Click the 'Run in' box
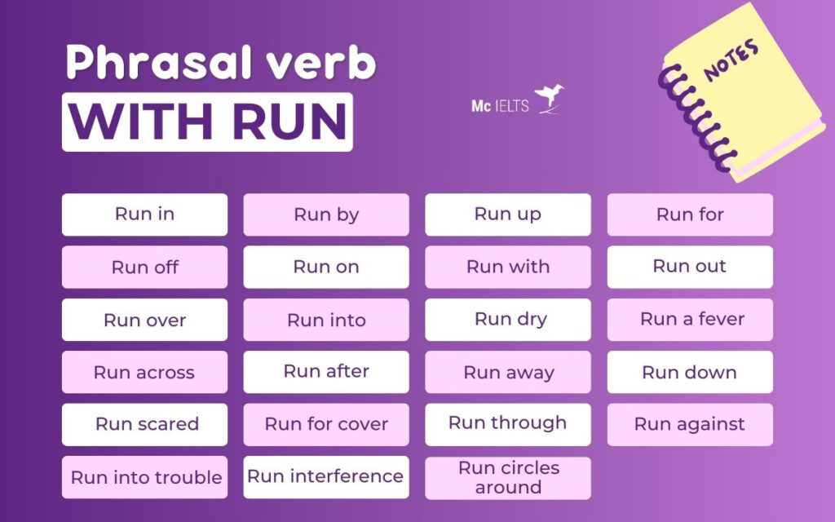pyautogui.click(x=144, y=215)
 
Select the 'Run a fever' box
pyautogui.click(x=690, y=319)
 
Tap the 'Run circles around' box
pyautogui.click(x=508, y=478)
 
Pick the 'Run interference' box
pyautogui.click(x=326, y=477)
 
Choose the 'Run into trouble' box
pyautogui.click(x=145, y=478)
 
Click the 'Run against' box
pyautogui.click(x=690, y=424)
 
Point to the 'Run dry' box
pyautogui.click(x=508, y=319)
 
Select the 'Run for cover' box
pyautogui.click(x=326, y=424)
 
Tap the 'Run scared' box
pyautogui.click(x=145, y=424)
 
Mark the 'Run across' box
pyautogui.click(x=145, y=372)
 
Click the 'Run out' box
pyautogui.click(x=690, y=267)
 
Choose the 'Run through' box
pyautogui.click(x=508, y=423)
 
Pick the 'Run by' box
pyautogui.click(x=326, y=215)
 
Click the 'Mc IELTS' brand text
pyautogui.click(x=499, y=106)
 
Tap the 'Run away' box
pyautogui.click(x=508, y=372)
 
